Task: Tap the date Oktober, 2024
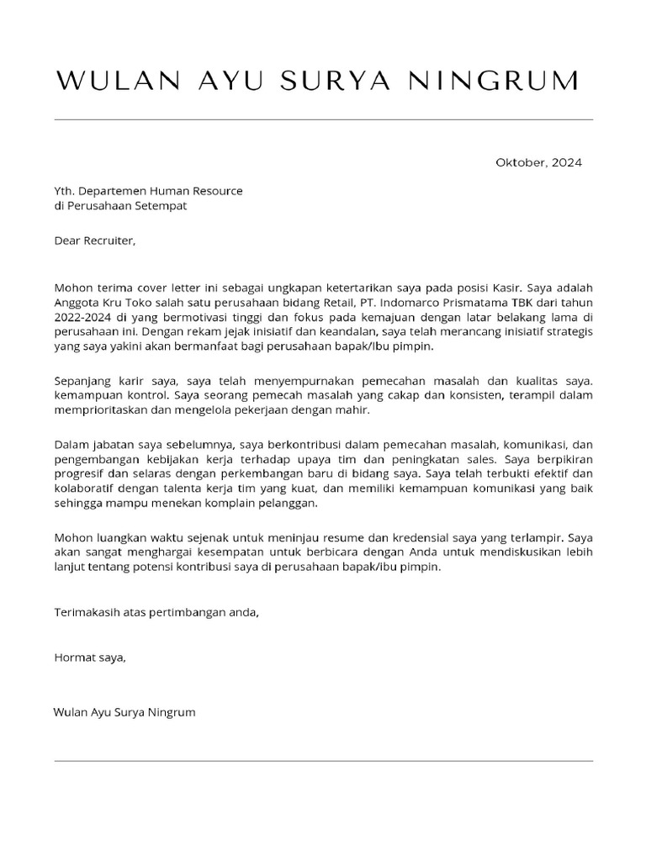(538, 162)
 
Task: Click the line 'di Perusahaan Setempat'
(120, 206)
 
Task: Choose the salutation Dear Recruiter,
(94, 240)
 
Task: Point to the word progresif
(80, 473)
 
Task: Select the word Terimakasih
(87, 612)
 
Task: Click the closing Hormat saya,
(90, 658)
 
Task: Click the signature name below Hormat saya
(124, 712)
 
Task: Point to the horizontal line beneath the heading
(323, 119)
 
